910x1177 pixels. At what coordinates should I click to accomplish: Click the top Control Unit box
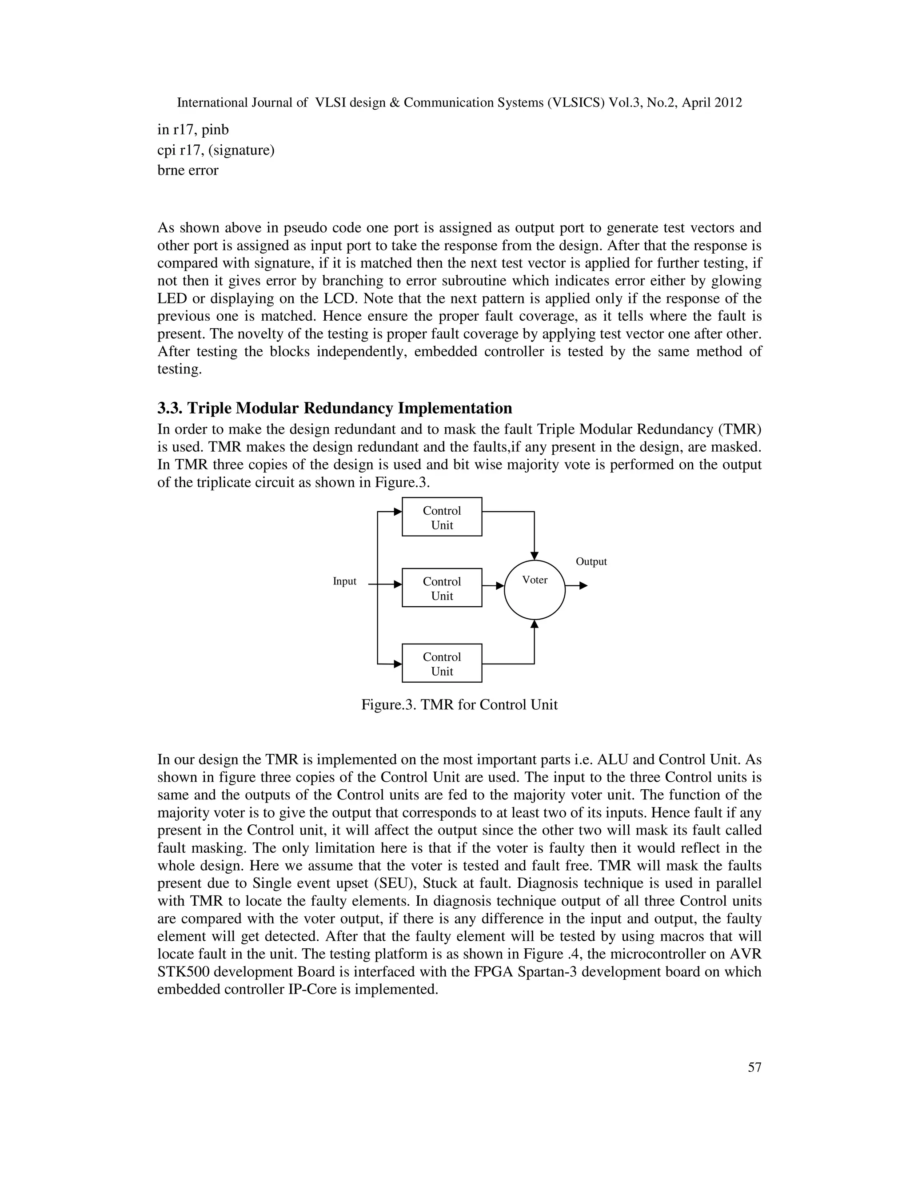442,517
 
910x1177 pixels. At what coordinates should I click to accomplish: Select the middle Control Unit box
442,588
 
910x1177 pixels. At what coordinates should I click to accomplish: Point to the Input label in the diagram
344,581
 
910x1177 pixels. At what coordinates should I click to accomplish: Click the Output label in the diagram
591,561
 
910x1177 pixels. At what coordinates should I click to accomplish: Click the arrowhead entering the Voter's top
534,556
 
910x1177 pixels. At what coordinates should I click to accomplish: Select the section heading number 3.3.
170,408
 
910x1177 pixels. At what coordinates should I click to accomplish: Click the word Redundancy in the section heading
348,408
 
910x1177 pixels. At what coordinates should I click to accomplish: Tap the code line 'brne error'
188,170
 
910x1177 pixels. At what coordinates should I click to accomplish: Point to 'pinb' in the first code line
215,130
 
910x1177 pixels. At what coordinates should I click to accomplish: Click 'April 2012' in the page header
712,103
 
